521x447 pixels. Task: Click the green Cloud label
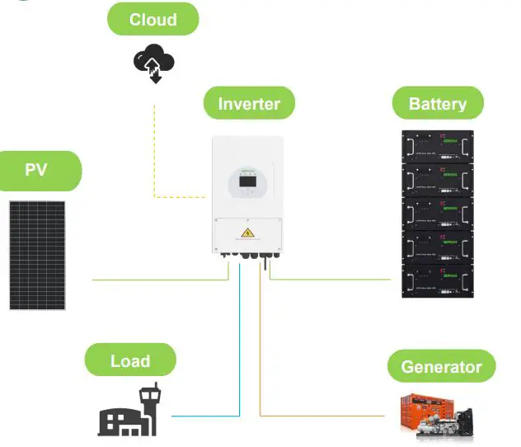(153, 19)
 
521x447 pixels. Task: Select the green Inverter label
(249, 104)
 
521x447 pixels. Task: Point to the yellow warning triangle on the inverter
(246, 233)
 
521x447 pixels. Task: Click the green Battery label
(437, 104)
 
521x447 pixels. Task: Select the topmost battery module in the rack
(437, 148)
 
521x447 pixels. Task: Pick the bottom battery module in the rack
(437, 280)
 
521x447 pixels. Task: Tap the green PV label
(36, 171)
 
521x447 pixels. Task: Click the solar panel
(38, 253)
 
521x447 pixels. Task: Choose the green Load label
(130, 360)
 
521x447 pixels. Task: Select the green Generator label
(440, 366)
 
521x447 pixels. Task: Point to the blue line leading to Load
(240, 346)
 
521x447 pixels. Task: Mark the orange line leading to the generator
(260, 346)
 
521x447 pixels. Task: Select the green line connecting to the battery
(330, 280)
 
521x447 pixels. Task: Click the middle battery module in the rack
(437, 214)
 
